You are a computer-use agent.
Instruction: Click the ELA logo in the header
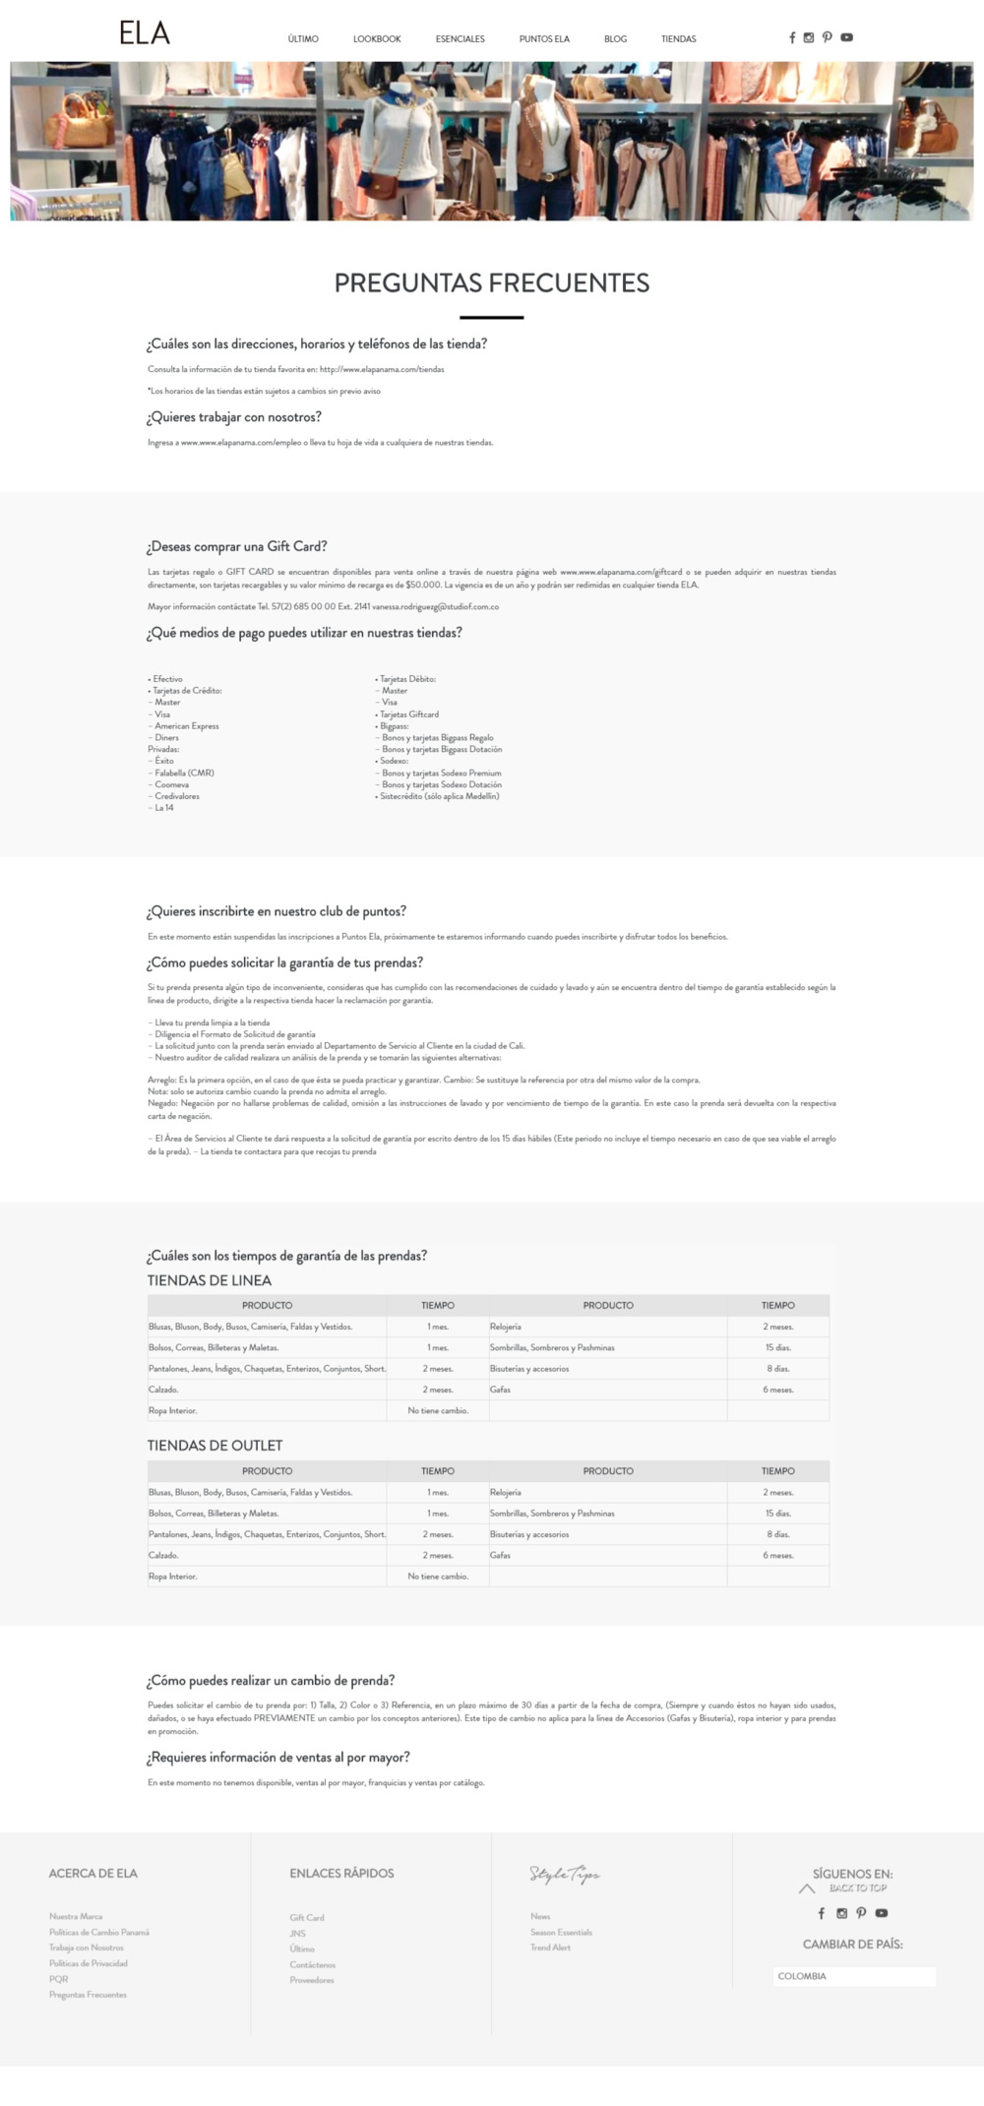point(145,33)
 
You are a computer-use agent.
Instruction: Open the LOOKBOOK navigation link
point(377,39)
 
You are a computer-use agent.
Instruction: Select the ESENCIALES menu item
point(460,39)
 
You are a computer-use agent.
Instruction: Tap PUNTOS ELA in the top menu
point(544,39)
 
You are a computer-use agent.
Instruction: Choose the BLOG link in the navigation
point(615,39)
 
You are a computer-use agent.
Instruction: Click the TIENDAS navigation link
point(678,39)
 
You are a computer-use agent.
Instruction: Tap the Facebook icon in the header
point(792,37)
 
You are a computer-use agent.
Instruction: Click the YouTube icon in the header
point(846,37)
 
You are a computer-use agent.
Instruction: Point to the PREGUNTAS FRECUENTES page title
point(492,283)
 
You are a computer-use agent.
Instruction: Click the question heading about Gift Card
point(236,546)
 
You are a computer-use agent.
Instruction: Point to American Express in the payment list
point(187,726)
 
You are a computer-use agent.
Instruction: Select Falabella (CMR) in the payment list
point(184,773)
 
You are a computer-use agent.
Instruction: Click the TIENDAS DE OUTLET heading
point(215,1446)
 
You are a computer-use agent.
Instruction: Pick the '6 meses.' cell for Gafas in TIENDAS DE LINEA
point(777,1390)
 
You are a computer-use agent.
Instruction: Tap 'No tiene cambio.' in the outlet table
point(438,1577)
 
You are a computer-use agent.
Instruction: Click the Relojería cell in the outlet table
point(506,1493)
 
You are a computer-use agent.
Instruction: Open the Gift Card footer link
point(307,1917)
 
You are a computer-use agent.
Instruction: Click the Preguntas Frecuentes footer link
point(88,1995)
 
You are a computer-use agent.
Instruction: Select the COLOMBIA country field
point(853,1976)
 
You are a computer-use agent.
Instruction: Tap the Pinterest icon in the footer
point(861,1913)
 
